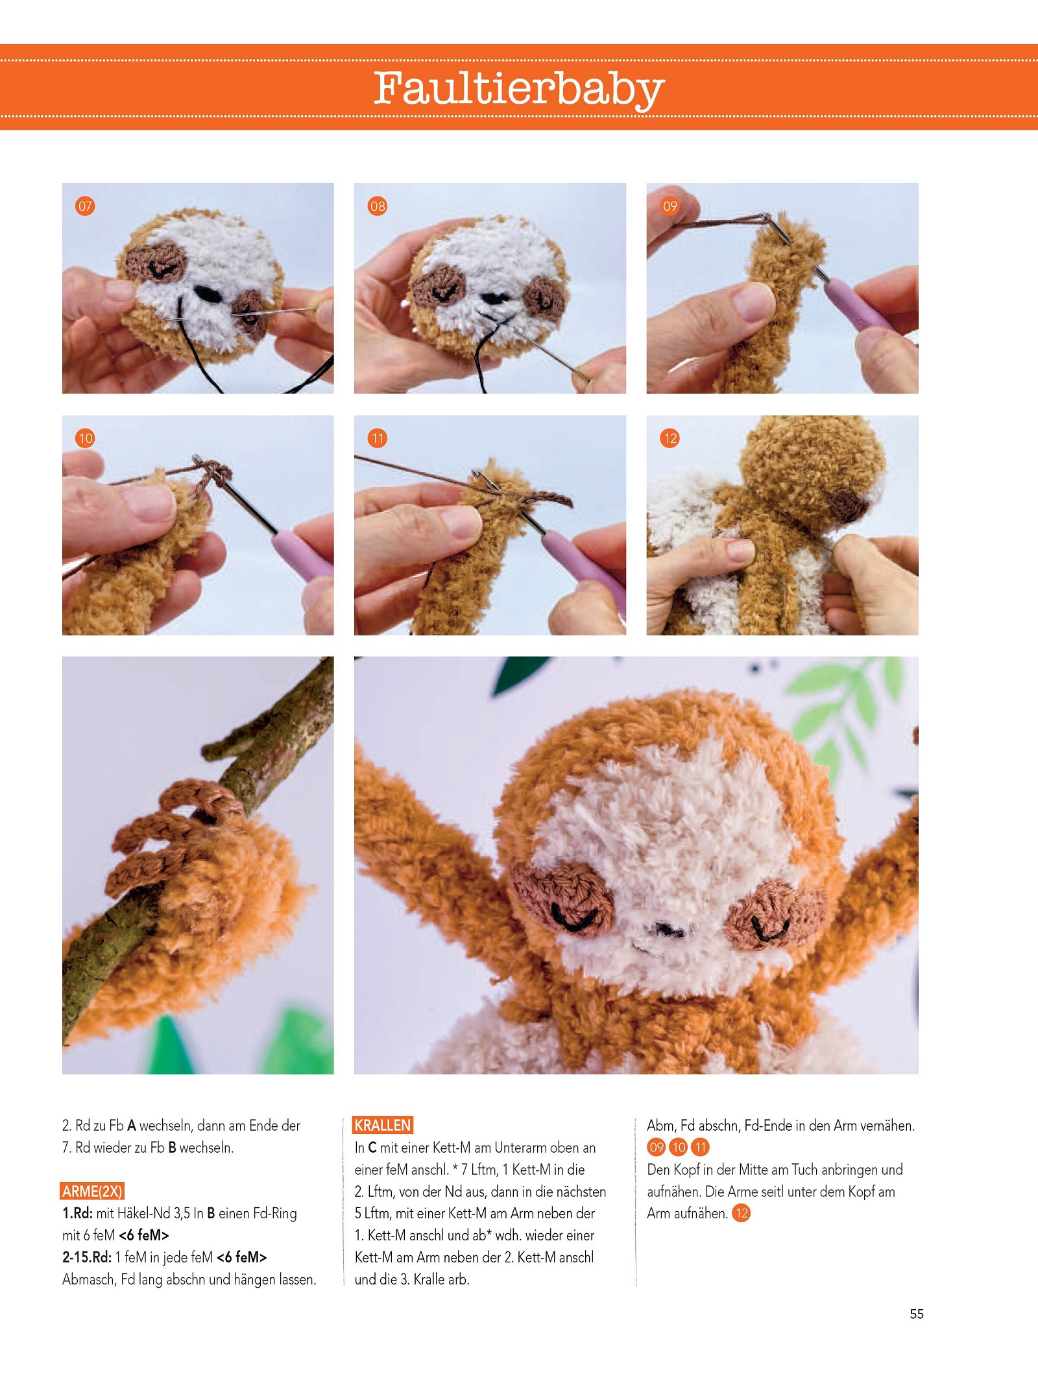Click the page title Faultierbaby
[519, 89]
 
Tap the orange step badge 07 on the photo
[85, 206]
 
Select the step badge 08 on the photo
[377, 206]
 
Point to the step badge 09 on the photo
[670, 206]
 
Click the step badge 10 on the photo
[85, 438]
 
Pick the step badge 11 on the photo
[377, 438]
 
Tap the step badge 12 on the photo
[670, 438]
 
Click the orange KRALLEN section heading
[383, 1125]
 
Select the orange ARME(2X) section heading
[92, 1191]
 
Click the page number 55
[916, 1314]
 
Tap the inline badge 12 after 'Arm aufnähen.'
[741, 1213]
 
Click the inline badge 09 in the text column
[657, 1147]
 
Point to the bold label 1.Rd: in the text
[77, 1213]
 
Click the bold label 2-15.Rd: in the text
[87, 1257]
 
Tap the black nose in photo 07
[210, 293]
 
